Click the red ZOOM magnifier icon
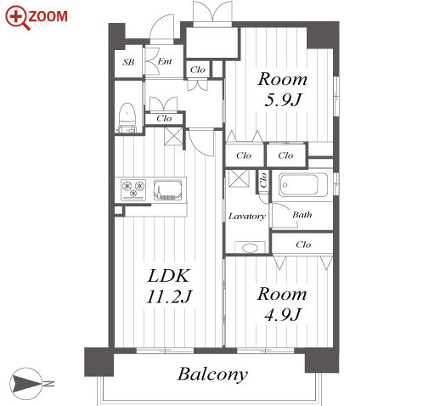pos(18,18)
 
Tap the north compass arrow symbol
pos(26,384)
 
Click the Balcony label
pos(212,375)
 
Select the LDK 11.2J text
pos(169,286)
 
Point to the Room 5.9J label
pos(283,89)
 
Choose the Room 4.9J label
pos(282,304)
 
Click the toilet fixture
pos(127,117)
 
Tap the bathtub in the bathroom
pos(303,184)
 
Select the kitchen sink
pos(167,189)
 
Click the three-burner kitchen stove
pos(133,189)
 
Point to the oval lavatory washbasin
pos(250,248)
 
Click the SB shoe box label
pos(128,62)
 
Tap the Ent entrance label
pos(165,61)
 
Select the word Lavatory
pos(247,217)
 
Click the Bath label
pos(302,215)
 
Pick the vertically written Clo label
pos(263,180)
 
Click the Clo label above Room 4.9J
pos(303,245)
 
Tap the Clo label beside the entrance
pos(197,70)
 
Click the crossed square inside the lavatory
pos(239,178)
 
